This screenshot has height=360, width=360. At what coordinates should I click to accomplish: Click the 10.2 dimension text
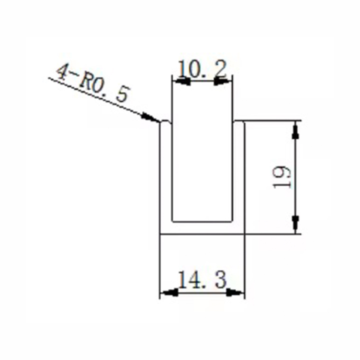pyautogui.click(x=202, y=70)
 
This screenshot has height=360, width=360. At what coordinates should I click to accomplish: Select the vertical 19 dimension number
pyautogui.click(x=282, y=176)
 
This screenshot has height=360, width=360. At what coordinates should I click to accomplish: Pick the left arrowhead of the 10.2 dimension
pyautogui.click(x=180, y=80)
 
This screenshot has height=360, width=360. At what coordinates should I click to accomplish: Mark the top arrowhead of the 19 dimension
pyautogui.click(x=295, y=130)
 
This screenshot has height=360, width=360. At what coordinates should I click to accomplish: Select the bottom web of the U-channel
pyautogui.click(x=202, y=227)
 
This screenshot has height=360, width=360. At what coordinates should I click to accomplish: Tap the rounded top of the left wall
pyautogui.click(x=165, y=121)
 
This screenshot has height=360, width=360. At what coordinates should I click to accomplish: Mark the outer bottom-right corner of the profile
pyautogui.click(x=244, y=233)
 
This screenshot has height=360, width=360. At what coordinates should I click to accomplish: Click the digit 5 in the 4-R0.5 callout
pyautogui.click(x=122, y=95)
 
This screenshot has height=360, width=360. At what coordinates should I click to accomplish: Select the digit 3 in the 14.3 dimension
pyautogui.click(x=218, y=280)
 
